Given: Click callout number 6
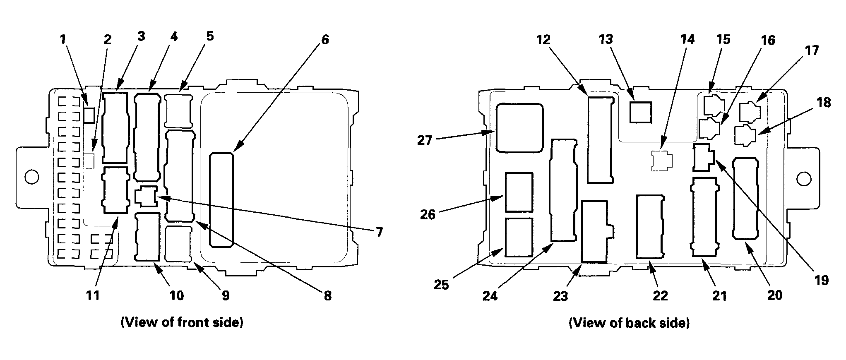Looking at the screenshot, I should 325,40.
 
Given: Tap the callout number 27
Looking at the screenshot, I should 425,141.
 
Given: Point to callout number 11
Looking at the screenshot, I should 93,295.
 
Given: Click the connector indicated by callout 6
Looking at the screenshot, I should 221,200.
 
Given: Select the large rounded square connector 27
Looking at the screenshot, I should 519,128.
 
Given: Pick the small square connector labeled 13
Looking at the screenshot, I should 640,112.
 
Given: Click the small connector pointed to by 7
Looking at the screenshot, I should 146,196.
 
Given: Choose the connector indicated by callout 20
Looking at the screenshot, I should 745,198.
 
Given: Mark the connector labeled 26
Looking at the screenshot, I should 519,192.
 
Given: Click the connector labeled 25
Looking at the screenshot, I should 519,238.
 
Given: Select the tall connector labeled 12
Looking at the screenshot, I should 601,140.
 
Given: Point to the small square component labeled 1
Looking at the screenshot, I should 89,115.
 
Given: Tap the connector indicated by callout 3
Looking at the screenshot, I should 115,127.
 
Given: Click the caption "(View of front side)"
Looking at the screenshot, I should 182,323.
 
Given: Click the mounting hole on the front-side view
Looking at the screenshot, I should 31,177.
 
